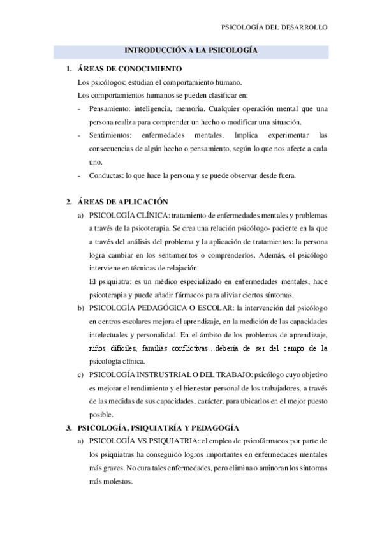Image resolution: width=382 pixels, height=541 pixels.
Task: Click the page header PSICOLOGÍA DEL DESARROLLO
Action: (x=274, y=28)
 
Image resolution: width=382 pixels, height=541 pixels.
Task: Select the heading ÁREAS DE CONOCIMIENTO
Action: (x=129, y=69)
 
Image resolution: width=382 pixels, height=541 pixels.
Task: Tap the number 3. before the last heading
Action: (x=68, y=427)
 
